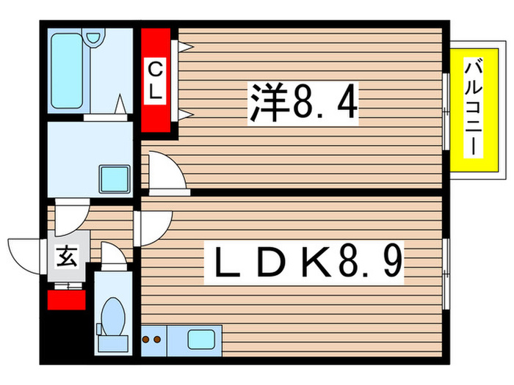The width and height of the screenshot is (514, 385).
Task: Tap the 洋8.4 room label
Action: [303, 102]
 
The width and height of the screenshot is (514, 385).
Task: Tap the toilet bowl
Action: [113, 317]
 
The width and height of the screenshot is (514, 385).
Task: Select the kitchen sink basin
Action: [200, 340]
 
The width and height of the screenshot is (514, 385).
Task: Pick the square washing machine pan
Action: [114, 178]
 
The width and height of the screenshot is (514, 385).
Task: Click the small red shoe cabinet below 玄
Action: [67, 298]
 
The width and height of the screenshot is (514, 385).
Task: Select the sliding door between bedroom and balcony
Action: [446, 110]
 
